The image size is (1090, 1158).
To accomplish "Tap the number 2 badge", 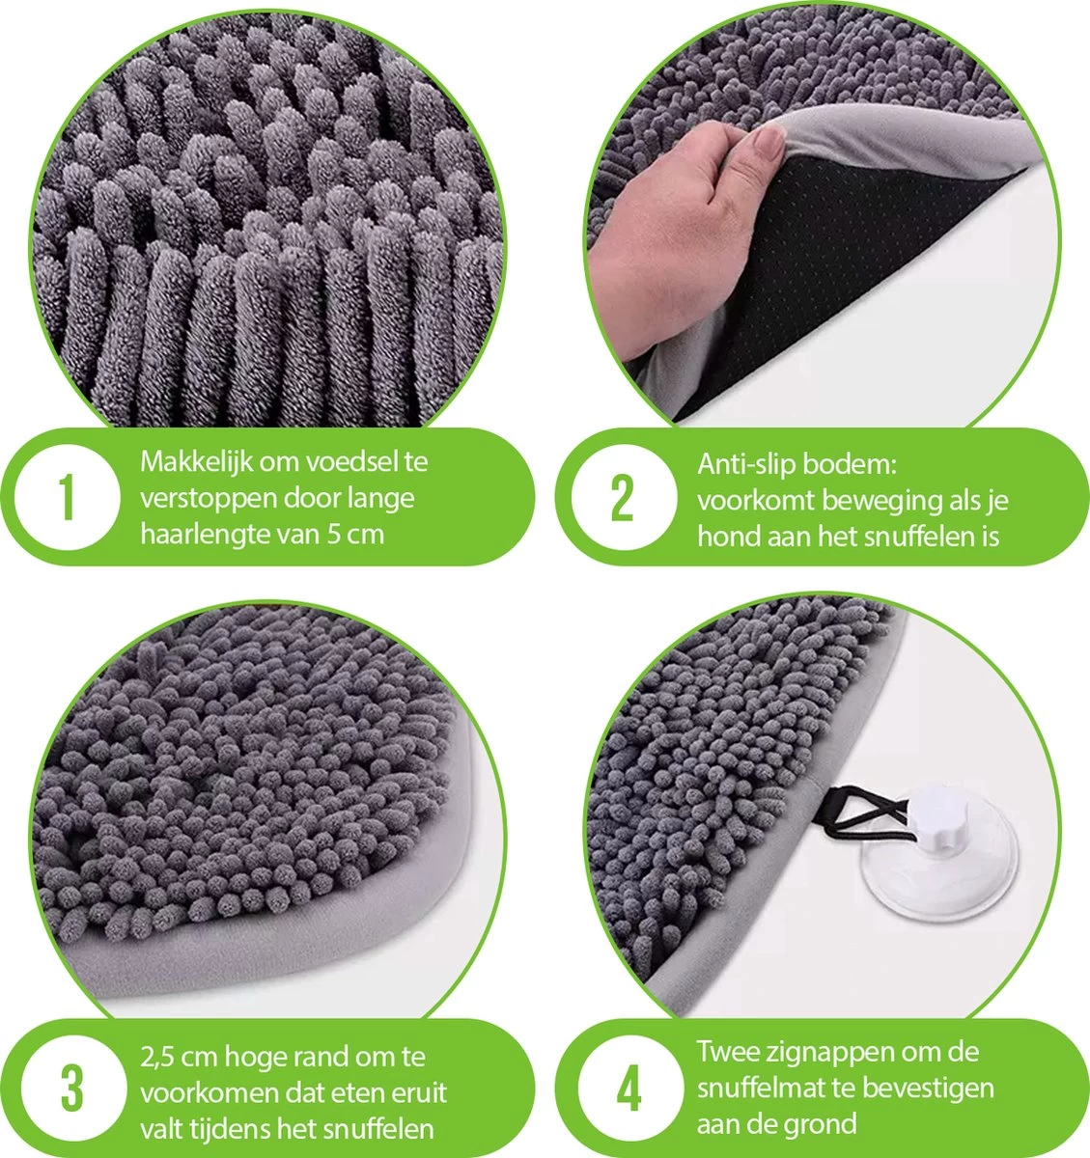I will coord(622,498).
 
